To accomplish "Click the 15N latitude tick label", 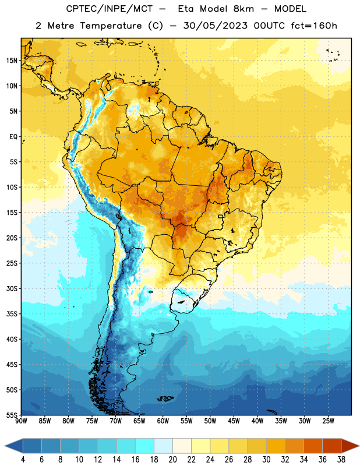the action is (12, 61).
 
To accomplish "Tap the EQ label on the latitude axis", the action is (13, 137).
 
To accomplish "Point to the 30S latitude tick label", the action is (12, 288).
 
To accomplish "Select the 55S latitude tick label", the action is (12, 415).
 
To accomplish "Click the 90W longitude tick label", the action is (21, 421).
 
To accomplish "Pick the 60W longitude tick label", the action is (163, 421).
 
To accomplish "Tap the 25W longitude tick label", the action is (328, 421).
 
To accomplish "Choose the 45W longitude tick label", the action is (234, 421).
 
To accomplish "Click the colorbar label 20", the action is (172, 460).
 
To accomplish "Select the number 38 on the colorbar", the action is (341, 460).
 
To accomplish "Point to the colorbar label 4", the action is (23, 460).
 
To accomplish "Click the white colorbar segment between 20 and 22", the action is (182, 446).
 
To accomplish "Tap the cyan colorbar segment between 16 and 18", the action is (144, 446).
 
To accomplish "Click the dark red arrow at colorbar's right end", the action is (350, 446).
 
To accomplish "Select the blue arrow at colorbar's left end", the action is (14, 446).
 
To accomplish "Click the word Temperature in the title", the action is (111, 26).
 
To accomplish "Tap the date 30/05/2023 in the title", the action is (216, 26).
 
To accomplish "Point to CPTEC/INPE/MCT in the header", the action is (110, 9).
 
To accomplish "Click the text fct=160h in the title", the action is (314, 26).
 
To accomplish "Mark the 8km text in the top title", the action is (243, 9).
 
